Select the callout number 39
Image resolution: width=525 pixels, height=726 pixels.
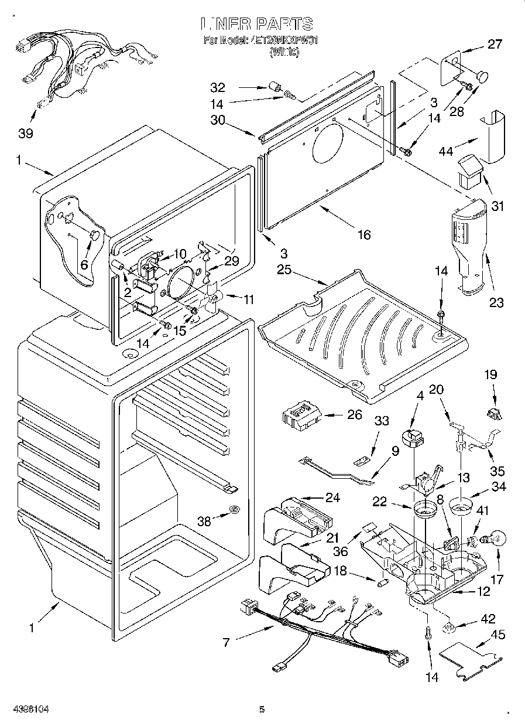(25, 133)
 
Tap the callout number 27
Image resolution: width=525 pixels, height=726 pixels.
(495, 44)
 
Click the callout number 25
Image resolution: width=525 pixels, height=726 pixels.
(284, 270)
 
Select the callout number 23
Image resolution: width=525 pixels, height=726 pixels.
(496, 302)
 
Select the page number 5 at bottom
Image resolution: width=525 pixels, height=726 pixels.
(262, 710)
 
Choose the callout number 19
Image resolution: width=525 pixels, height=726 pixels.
(490, 373)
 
